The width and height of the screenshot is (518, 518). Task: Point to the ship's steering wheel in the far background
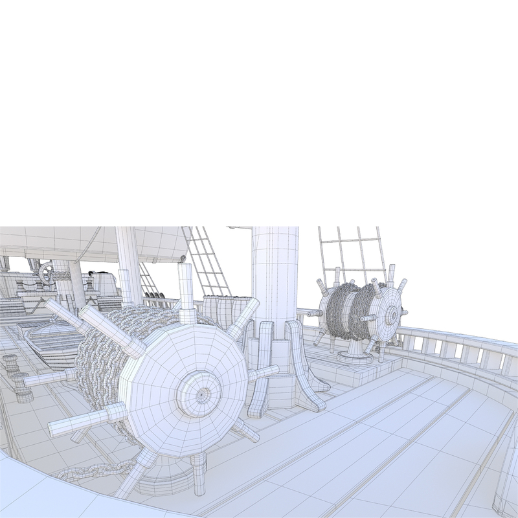[x=46, y=273]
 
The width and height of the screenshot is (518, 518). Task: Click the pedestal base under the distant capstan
[x=353, y=350]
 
